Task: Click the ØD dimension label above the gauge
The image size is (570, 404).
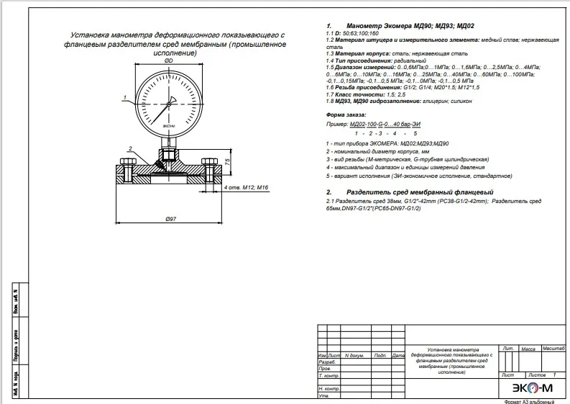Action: coord(168,61)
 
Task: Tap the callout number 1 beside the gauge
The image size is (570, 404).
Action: coord(125,96)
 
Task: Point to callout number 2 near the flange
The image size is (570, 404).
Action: coord(130,148)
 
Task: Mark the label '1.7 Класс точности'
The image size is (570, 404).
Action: coord(354,94)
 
